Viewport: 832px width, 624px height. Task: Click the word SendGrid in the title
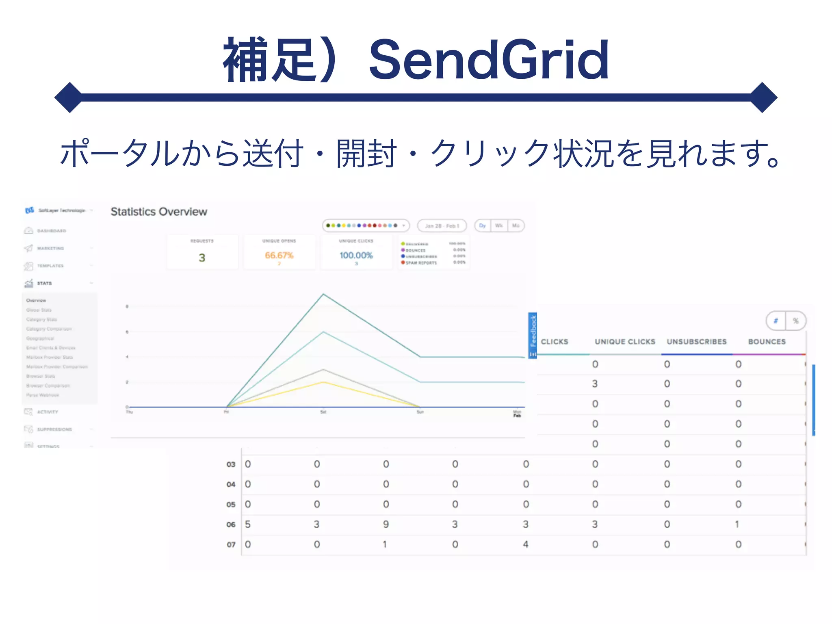[x=489, y=60]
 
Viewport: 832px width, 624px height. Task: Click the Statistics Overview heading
[x=159, y=212]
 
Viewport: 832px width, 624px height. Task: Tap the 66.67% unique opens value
[x=279, y=256]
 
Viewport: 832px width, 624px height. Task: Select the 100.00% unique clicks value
[x=356, y=256]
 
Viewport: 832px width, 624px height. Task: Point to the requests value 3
[x=202, y=258]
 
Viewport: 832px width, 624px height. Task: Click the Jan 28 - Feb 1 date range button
[x=442, y=226]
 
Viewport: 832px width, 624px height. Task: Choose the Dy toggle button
[x=483, y=226]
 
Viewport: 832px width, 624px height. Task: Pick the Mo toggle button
[x=516, y=226]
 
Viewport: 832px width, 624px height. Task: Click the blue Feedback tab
[x=533, y=335]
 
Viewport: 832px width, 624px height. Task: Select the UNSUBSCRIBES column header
[x=697, y=342]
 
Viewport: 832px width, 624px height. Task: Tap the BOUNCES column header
[x=767, y=342]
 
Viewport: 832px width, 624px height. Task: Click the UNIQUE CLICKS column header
[x=625, y=342]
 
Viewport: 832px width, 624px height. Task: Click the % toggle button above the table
[x=796, y=321]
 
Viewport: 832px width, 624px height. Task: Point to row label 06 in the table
[x=231, y=524]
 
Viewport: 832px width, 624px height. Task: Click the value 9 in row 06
[x=386, y=524]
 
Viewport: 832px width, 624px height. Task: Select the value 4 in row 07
[x=526, y=544]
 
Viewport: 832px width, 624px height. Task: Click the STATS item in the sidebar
[x=44, y=283]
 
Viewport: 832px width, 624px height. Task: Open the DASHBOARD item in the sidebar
[x=51, y=231]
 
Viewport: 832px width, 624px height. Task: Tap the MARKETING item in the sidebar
[x=50, y=248]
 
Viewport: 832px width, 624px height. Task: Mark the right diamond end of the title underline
[x=763, y=97]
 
